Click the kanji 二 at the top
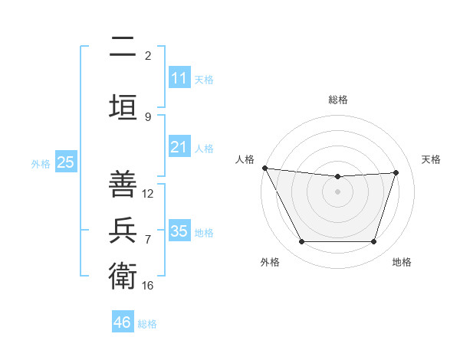click(123, 48)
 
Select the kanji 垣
click(123, 105)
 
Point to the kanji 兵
click(123, 229)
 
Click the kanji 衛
click(123, 274)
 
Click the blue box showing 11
click(179, 78)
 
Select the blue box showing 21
click(179, 147)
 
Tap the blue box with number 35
click(179, 231)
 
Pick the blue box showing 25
click(65, 162)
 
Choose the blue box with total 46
click(123, 322)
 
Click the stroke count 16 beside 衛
click(148, 285)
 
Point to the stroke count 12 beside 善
click(148, 194)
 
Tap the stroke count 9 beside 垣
click(148, 117)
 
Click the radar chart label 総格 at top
click(338, 100)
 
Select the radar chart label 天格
click(432, 159)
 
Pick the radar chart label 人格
click(245, 159)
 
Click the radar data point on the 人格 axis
click(264, 168)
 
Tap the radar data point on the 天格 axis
click(396, 172)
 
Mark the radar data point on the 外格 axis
click(301, 242)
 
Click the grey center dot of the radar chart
click(338, 191)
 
